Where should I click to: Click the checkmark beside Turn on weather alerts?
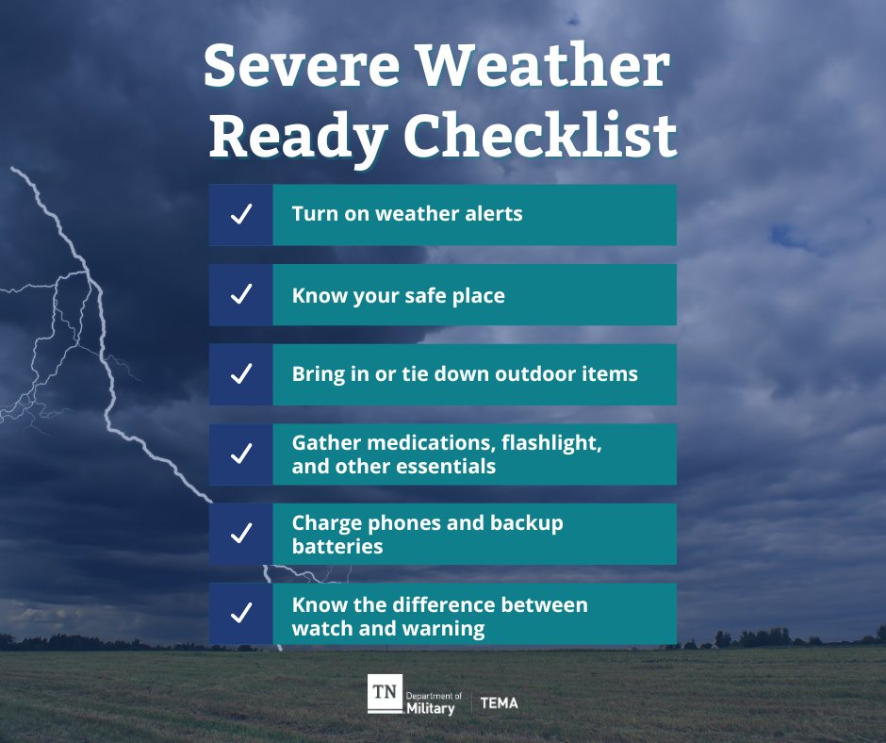click(241, 215)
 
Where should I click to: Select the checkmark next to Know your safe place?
click(241, 294)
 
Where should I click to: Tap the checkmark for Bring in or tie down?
click(241, 374)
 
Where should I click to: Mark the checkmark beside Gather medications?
click(241, 454)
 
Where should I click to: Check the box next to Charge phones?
click(241, 534)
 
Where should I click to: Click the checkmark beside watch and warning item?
click(241, 614)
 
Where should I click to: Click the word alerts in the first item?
click(492, 214)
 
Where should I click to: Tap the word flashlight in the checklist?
click(549, 442)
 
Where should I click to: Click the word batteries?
click(337, 547)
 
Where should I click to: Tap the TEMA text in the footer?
click(499, 703)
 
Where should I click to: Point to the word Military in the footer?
click(430, 708)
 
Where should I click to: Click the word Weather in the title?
click(543, 69)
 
